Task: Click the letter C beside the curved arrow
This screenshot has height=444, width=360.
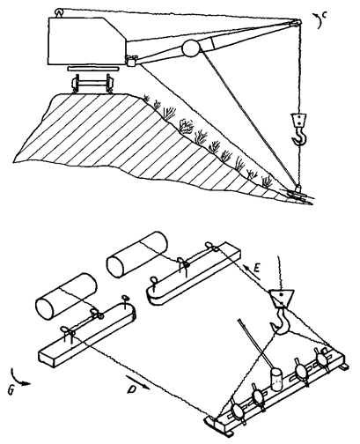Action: (325, 15)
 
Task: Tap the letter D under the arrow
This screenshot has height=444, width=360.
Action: (132, 389)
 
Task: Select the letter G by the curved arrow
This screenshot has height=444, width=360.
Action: (11, 390)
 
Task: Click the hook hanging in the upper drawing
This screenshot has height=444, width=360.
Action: (299, 136)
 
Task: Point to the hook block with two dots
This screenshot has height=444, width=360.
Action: (298, 120)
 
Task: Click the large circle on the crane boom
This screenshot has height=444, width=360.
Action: (190, 48)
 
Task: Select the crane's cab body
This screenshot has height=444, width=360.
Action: (86, 41)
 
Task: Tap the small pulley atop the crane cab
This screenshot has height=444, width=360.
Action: (59, 12)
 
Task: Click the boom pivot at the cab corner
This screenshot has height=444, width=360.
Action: (131, 60)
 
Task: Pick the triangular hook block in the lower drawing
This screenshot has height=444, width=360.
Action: (281, 298)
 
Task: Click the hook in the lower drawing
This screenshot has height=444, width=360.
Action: (280, 322)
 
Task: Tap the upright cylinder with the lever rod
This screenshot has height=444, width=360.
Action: (276, 380)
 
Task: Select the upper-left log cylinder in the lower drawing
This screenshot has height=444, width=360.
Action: (137, 255)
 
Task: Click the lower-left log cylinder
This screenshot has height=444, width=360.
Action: (66, 296)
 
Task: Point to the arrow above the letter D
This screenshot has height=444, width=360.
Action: (138, 381)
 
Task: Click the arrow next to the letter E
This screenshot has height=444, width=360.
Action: (249, 266)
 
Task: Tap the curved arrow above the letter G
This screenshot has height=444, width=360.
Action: (19, 379)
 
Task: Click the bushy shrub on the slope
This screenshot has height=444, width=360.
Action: (186, 126)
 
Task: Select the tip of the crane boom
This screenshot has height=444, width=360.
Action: (297, 22)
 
